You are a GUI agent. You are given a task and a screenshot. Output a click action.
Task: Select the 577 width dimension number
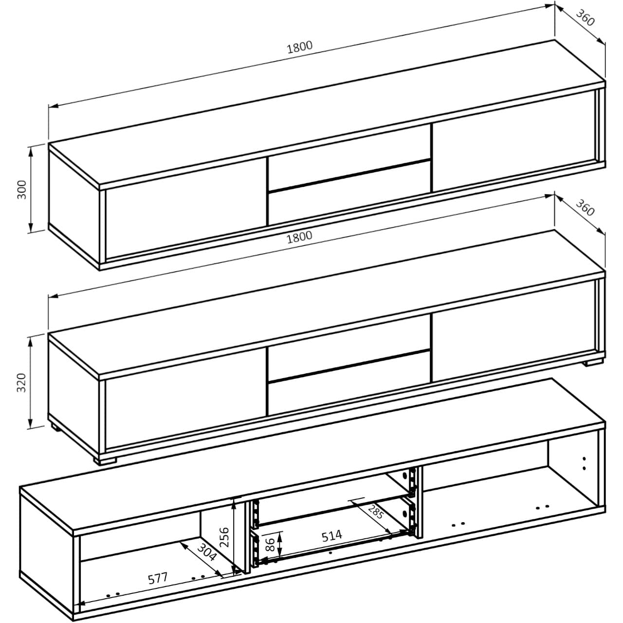(x=158, y=578)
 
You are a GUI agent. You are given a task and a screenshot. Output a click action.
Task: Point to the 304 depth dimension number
(x=207, y=553)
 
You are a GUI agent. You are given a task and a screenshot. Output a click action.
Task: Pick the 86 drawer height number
(x=268, y=544)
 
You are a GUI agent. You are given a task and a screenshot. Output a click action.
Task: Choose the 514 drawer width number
(x=331, y=535)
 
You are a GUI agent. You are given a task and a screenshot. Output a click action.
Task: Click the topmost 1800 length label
(x=299, y=47)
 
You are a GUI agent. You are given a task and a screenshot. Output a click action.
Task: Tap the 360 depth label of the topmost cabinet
(x=585, y=18)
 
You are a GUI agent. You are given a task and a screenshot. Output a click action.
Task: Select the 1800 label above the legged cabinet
(x=299, y=237)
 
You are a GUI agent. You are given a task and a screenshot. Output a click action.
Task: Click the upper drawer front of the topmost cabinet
(x=349, y=161)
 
